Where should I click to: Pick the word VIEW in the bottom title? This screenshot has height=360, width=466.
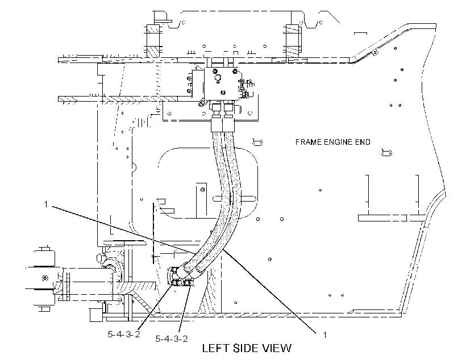point(278,348)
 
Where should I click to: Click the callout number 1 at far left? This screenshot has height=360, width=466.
point(46,204)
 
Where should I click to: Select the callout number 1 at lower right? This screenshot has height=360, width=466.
point(325,335)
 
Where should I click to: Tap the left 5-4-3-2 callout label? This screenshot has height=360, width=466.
point(124,334)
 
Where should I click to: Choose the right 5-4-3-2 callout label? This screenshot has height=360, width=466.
point(172,338)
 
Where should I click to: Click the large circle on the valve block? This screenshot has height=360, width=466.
point(218,78)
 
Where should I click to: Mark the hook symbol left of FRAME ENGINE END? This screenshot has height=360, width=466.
point(257,143)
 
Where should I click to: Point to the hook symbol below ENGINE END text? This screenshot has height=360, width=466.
point(386,152)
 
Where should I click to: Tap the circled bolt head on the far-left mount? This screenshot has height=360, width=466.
point(45,278)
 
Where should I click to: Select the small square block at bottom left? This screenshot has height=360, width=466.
point(95,315)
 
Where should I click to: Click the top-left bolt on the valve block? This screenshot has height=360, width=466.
point(214,70)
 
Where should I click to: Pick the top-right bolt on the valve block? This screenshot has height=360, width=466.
point(235,70)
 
